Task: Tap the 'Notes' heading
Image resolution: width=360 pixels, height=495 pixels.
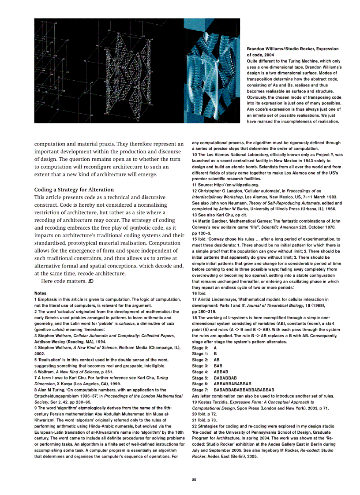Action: pos(40,293)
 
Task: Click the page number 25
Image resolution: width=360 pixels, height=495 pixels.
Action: pos(194,480)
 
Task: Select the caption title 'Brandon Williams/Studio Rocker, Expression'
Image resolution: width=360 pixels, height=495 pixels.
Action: pos(292,49)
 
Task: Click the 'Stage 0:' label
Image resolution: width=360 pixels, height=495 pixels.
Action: pos(200,348)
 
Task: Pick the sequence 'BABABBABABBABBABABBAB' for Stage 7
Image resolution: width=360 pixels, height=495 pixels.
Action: pos(244,390)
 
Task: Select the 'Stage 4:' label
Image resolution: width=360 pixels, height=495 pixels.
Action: pos(200,372)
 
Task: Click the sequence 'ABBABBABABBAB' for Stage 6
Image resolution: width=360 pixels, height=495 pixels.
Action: pos(232,384)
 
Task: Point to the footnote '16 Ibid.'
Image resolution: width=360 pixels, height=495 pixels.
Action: pos(200,293)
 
